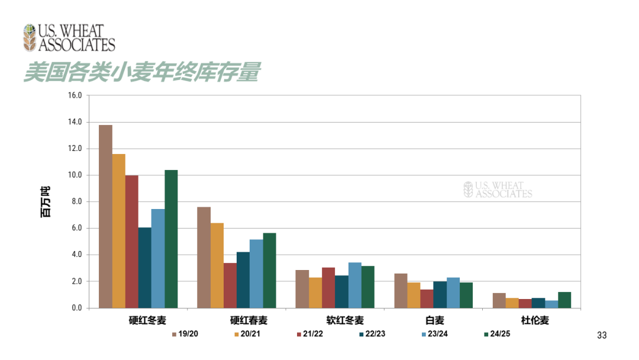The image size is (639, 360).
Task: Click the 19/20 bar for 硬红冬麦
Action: coord(105,216)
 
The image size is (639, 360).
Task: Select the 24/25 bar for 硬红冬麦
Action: coord(171,239)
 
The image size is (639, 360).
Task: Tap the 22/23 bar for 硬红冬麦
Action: coord(144,268)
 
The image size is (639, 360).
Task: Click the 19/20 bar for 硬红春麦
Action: coord(204,257)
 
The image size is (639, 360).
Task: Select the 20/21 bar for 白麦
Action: coord(414,295)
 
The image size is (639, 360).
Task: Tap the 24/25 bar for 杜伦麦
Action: coord(564,300)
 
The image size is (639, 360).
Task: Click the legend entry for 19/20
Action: coord(185,335)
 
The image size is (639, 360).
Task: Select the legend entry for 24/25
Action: coord(496,335)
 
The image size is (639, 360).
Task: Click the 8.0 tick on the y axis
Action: coord(76,202)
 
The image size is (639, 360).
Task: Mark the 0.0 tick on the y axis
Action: coord(76,308)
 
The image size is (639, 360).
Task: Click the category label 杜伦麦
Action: coord(535,320)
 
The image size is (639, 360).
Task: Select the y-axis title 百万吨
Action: coord(46,201)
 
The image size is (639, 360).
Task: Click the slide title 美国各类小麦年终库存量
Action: coord(142,73)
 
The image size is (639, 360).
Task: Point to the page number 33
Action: coord(602,336)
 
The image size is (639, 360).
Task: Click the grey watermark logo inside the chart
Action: coord(498,189)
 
